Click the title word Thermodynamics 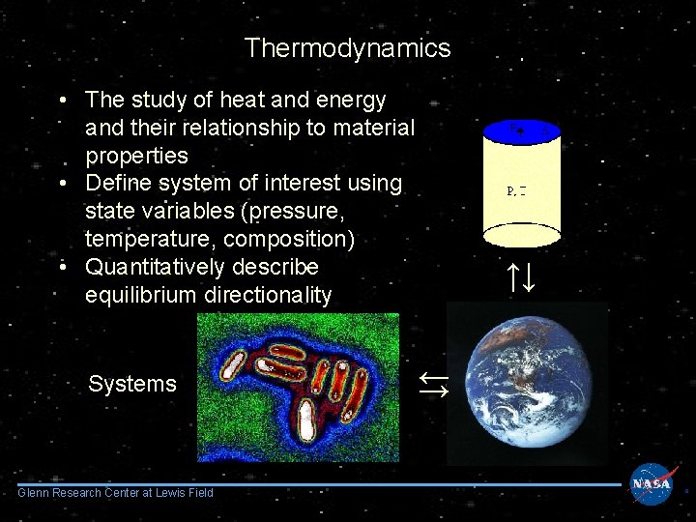[347, 48]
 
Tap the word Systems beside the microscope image [132, 384]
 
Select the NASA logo [652, 484]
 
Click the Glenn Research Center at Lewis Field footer [115, 494]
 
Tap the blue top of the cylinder [522, 130]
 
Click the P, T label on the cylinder [516, 189]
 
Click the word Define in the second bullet [116, 183]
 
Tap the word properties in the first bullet [136, 156]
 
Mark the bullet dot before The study [63, 101]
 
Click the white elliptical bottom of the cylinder [522, 236]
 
